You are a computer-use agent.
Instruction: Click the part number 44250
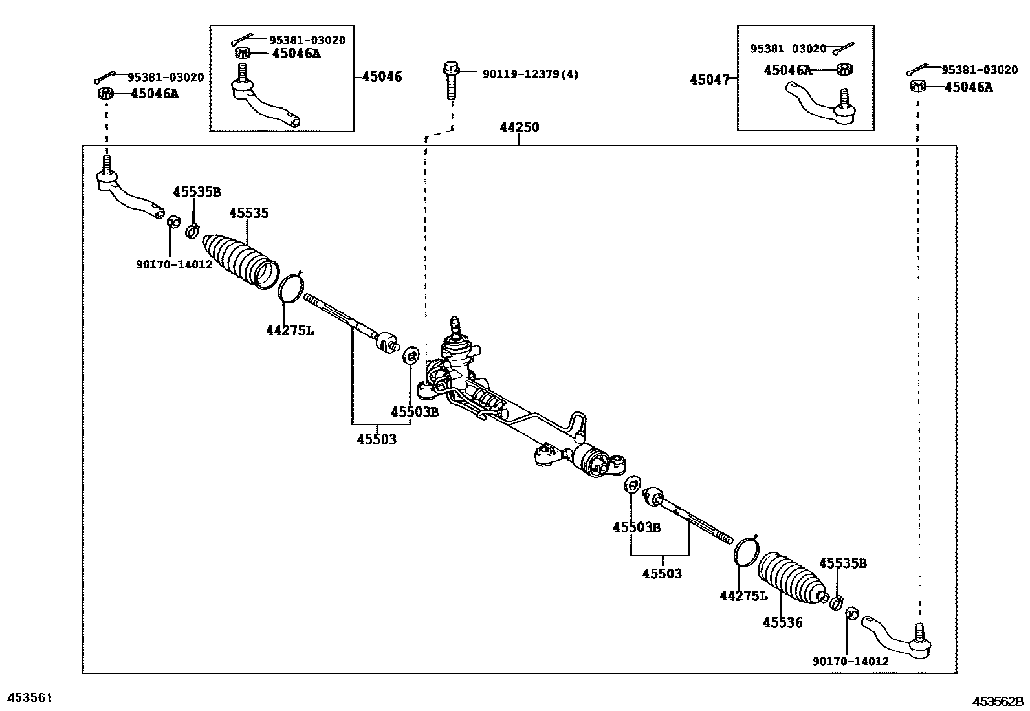(519, 127)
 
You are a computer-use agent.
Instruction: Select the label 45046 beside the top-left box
(382, 76)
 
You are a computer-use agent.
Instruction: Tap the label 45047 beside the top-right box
(709, 80)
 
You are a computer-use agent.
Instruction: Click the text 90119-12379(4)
(530, 74)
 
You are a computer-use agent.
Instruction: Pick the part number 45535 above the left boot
(249, 213)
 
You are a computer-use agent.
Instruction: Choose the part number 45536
(782, 622)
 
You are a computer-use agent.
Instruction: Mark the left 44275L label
(290, 331)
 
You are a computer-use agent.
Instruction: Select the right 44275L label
(743, 596)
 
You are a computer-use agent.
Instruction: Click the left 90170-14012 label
(174, 265)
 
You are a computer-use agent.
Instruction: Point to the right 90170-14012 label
(850, 661)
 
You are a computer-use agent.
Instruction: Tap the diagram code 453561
(29, 697)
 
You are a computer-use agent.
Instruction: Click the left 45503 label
(377, 440)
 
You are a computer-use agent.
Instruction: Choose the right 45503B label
(637, 527)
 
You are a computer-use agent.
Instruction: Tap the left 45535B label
(197, 191)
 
